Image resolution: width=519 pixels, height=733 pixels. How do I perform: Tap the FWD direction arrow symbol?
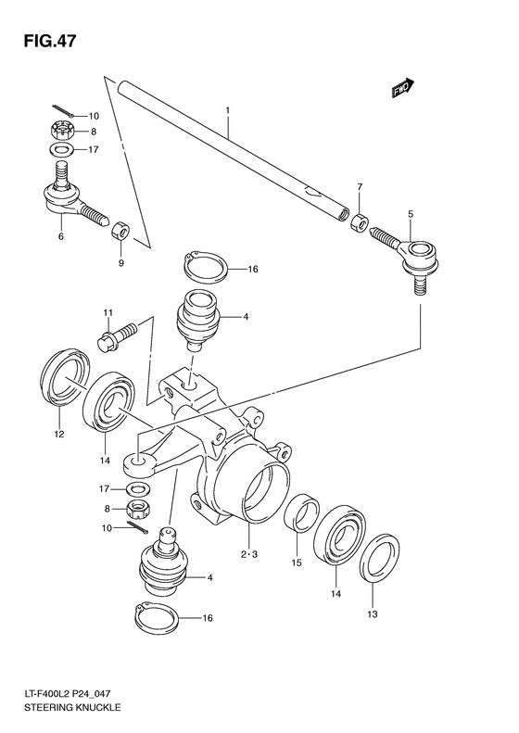401,89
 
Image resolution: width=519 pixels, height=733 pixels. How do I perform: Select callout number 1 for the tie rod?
226,111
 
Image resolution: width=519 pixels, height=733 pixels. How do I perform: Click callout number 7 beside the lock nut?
360,187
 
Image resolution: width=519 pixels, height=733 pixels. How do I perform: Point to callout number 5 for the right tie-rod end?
409,215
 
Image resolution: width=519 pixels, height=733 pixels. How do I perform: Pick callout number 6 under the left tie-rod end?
61,237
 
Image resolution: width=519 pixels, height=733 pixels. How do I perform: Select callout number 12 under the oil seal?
58,434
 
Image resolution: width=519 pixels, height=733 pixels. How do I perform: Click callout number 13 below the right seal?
373,613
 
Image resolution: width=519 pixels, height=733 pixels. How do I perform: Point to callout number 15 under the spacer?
297,562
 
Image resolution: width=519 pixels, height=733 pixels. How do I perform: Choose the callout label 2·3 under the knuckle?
248,555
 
